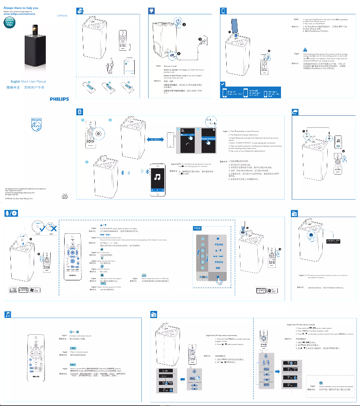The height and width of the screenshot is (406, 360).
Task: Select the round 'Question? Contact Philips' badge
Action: coord(10,24)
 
